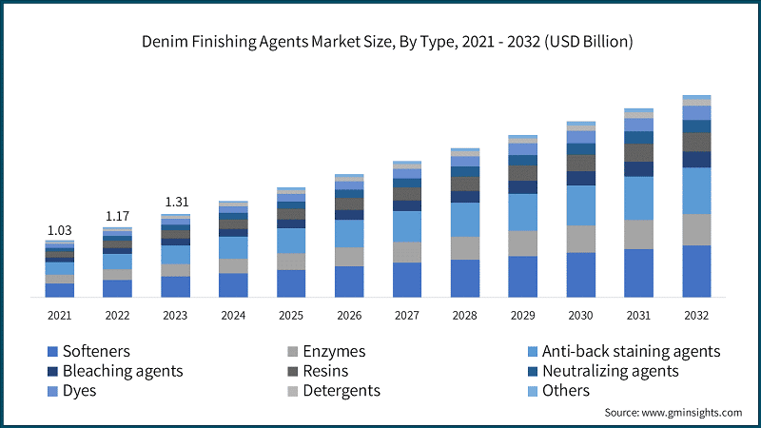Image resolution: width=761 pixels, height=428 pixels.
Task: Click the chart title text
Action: pyautogui.click(x=380, y=42)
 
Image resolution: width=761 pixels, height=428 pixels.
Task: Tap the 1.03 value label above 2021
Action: pyautogui.click(x=59, y=230)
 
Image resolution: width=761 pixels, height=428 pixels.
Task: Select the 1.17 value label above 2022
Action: pyautogui.click(x=117, y=217)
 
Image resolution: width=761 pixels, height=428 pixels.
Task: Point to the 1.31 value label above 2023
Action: pyautogui.click(x=175, y=203)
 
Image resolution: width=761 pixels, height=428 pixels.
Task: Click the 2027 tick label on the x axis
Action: pyautogui.click(x=407, y=315)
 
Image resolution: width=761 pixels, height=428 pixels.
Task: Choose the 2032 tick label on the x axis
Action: pyautogui.click(x=696, y=315)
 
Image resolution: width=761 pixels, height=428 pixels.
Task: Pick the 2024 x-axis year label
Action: pyautogui.click(x=233, y=315)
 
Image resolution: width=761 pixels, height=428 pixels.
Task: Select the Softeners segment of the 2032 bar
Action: pyautogui.click(x=696, y=271)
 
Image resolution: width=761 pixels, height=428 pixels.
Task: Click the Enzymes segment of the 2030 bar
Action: pyautogui.click(x=580, y=239)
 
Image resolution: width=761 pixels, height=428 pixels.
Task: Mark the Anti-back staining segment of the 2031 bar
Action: pyautogui.click(x=638, y=198)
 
